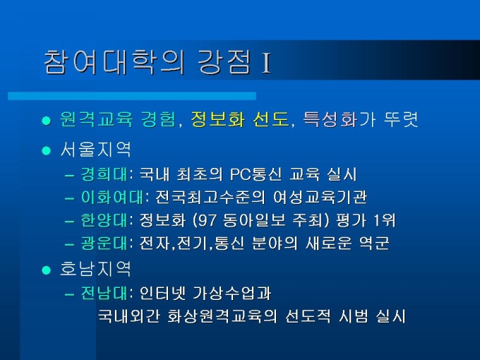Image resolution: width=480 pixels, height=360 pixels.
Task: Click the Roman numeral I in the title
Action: (266, 64)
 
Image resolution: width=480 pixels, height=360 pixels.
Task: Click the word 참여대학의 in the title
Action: (114, 62)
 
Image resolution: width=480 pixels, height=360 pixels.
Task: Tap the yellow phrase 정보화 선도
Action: (240, 119)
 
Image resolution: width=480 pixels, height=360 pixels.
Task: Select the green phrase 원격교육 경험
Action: (118, 119)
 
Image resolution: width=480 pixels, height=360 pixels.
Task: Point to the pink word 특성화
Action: (330, 119)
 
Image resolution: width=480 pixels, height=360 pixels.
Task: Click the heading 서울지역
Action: (95, 149)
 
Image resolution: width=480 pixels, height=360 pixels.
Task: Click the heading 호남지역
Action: (95, 269)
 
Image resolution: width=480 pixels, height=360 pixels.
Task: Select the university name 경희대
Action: (104, 174)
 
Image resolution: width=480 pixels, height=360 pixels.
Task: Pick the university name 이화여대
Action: (112, 197)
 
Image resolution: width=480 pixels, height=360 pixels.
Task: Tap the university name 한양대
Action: (104, 220)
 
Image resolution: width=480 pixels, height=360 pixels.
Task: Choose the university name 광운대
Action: (104, 243)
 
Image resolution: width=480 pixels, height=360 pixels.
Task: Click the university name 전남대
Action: (104, 293)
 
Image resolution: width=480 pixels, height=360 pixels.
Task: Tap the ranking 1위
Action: (385, 220)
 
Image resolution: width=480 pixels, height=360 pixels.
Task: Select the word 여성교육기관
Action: (320, 197)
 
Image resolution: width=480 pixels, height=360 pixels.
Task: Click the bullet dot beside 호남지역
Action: (46, 270)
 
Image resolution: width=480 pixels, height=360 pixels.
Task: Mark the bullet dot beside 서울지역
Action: (46, 150)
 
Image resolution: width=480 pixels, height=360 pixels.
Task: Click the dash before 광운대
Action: (70, 245)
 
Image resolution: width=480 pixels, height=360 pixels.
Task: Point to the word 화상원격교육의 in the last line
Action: (222, 316)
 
